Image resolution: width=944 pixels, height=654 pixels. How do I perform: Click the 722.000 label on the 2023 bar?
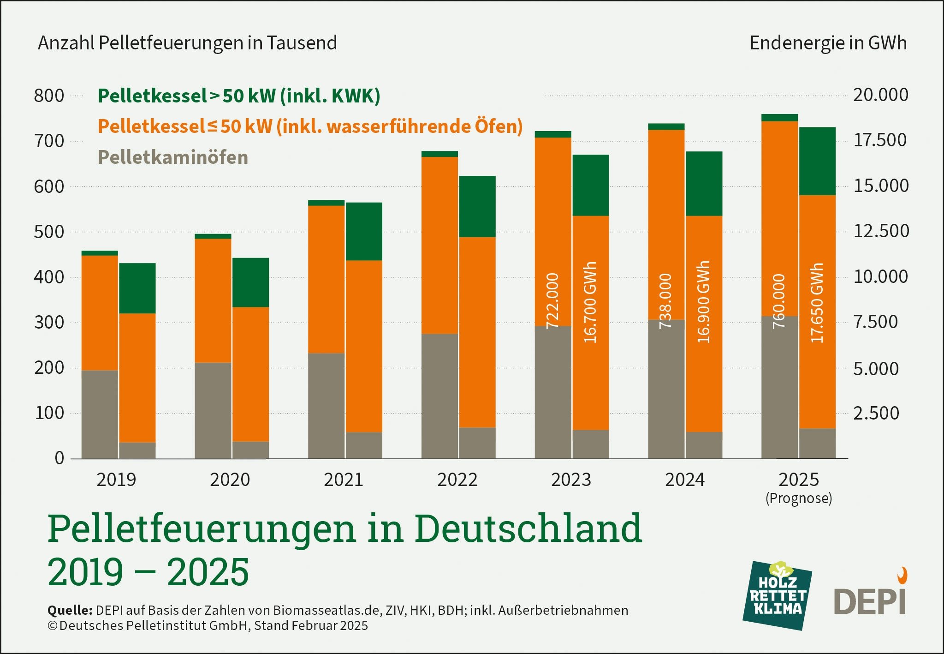click(552, 301)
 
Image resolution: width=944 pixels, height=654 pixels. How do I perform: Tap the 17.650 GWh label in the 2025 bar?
click(817, 303)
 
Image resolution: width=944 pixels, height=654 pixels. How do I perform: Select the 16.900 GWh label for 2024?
click(703, 302)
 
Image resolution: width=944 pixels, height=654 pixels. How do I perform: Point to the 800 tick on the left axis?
click(49, 96)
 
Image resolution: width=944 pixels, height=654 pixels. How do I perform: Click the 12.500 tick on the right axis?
click(881, 231)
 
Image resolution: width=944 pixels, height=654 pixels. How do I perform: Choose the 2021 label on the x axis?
click(343, 480)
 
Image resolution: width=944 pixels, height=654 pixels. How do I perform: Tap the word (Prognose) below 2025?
click(799, 498)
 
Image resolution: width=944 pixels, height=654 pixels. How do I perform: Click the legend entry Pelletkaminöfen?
click(173, 157)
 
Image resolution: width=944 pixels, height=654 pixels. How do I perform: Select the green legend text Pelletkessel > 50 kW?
click(239, 96)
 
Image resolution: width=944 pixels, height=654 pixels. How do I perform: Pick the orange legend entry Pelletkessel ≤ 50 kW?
click(310, 126)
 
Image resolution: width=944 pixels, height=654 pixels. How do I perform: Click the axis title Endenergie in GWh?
click(828, 43)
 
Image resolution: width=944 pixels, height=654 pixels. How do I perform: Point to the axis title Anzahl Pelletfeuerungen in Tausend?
click(187, 43)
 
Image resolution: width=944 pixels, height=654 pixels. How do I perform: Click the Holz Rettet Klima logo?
click(778, 596)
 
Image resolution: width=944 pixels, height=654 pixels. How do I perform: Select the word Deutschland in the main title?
click(528, 528)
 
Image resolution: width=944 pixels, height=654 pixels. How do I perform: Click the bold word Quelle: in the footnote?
click(70, 610)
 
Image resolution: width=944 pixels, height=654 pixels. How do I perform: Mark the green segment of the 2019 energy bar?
click(137, 288)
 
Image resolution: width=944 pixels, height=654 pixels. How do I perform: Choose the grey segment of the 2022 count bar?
click(439, 396)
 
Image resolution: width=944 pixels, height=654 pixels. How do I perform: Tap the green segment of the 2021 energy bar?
click(364, 231)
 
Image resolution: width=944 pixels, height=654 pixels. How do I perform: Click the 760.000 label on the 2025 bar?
click(779, 301)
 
